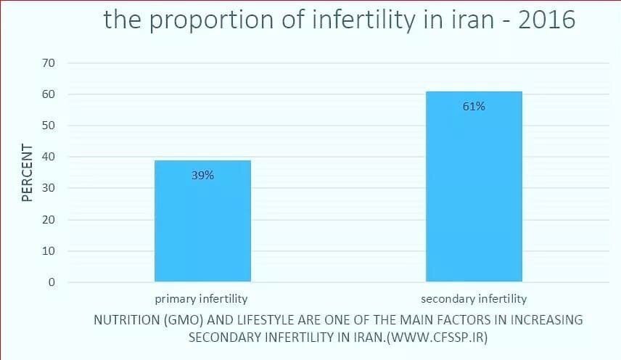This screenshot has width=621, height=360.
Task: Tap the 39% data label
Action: (202, 175)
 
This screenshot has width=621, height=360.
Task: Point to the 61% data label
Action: (473, 106)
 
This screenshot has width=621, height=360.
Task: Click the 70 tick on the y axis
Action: (49, 63)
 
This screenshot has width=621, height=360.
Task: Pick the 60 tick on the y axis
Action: (49, 94)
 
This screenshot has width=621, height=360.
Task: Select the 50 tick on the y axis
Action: (49, 126)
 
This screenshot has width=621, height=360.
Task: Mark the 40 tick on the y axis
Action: (49, 157)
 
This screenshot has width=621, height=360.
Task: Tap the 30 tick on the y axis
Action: (49, 188)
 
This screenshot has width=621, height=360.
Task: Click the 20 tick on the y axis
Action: (49, 219)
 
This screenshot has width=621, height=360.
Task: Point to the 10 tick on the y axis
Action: (49, 251)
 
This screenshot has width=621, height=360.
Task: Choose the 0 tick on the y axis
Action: (52, 282)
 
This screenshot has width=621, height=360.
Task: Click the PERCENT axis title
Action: (27, 173)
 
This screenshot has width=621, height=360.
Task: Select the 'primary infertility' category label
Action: (201, 298)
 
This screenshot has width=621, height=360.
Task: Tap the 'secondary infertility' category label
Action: (474, 298)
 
